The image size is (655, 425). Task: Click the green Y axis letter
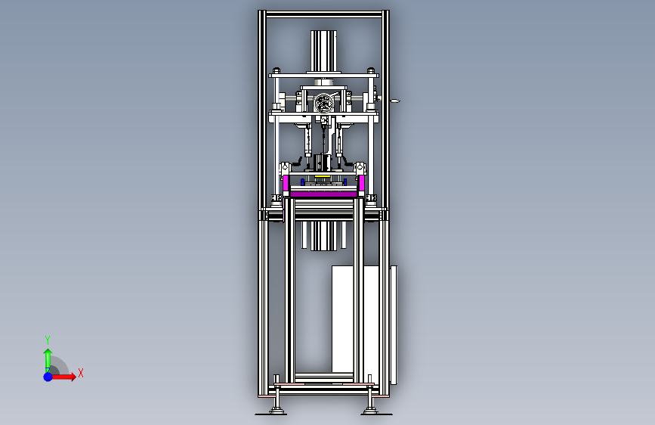click(48, 340)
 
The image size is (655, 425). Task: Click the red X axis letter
click(81, 373)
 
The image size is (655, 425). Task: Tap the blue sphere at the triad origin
click(48, 377)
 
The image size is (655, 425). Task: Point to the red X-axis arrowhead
click(73, 377)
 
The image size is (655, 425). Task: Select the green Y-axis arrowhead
click(48, 352)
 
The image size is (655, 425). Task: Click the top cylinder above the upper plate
click(323, 51)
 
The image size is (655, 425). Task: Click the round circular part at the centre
click(324, 103)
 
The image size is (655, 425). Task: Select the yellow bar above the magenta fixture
click(321, 178)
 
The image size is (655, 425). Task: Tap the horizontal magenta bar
click(324, 194)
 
